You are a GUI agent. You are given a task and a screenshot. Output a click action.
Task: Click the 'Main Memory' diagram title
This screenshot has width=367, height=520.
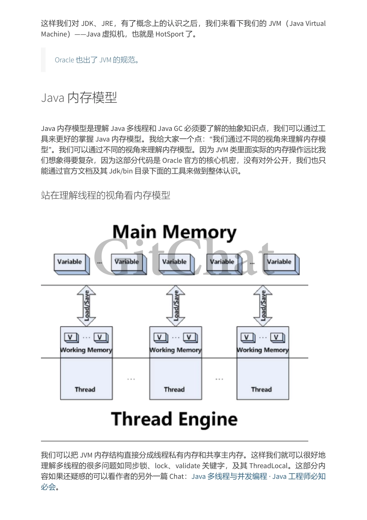174,233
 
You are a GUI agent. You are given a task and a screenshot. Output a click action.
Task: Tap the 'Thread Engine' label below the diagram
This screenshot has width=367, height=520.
174,419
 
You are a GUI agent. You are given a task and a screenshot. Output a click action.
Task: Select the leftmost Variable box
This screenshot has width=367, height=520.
70,262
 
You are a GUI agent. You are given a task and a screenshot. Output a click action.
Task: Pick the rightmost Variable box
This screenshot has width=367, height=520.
280,262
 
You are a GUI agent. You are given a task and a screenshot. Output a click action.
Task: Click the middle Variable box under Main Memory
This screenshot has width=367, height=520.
175,262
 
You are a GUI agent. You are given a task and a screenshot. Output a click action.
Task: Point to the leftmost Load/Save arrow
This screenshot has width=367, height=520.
87,306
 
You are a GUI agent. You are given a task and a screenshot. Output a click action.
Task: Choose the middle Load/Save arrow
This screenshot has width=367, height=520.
176,306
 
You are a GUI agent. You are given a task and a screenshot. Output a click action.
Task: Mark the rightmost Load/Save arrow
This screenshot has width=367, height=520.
263,306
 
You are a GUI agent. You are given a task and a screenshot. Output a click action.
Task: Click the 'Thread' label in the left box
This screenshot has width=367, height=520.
85,390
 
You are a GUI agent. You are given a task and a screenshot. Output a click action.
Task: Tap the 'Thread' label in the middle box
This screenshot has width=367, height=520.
174,390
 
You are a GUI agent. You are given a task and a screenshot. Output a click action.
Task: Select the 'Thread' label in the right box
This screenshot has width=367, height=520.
262,390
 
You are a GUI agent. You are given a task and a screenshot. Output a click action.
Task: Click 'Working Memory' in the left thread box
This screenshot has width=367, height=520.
86,350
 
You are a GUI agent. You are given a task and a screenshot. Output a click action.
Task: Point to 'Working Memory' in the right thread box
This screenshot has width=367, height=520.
263,350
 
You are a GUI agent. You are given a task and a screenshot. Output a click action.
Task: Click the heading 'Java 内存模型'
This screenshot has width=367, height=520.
79,98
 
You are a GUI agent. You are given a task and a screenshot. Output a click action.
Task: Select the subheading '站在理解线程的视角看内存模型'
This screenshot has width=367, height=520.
105,195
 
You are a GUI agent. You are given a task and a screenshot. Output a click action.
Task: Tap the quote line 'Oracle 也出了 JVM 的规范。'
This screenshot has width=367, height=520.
97,60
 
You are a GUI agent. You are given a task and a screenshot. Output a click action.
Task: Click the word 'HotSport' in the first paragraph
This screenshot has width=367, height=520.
170,34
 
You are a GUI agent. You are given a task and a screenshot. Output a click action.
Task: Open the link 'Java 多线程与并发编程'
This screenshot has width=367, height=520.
229,477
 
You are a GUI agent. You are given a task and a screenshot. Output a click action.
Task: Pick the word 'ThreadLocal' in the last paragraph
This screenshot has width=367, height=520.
268,466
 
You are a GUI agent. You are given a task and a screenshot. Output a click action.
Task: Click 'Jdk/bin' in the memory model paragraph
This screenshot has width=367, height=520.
121,171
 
